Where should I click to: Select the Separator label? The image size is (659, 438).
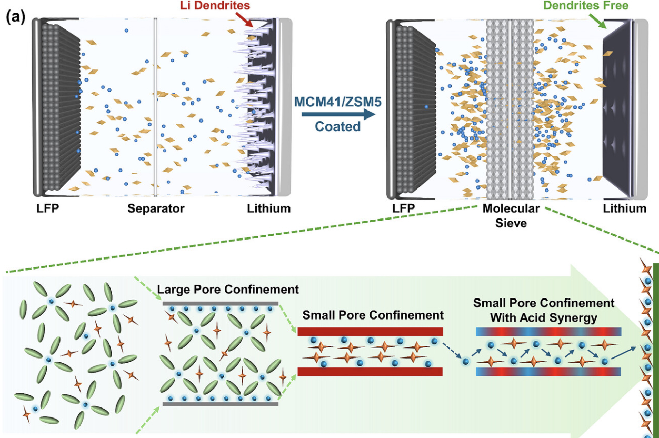pos(156,208)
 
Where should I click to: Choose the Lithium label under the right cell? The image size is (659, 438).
pos(625,208)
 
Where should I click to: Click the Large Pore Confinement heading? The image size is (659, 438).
pos(228,290)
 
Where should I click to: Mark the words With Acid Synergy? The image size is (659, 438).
pos(544,317)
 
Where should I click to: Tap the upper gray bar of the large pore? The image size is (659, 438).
pos(220,304)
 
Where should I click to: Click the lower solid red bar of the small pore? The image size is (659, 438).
pos(370,372)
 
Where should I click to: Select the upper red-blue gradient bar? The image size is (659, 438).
pos(548,332)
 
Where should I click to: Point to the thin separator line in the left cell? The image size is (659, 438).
pos(155,105)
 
